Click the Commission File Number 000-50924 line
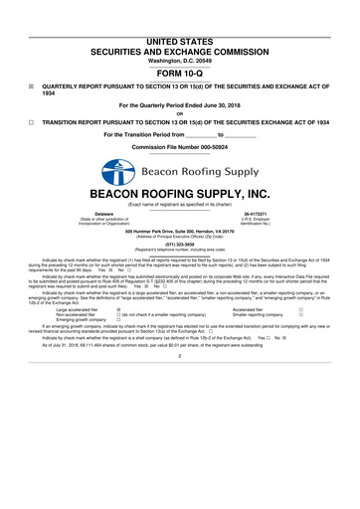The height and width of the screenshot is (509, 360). [179, 146]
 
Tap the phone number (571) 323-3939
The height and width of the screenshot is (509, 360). [179, 244]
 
